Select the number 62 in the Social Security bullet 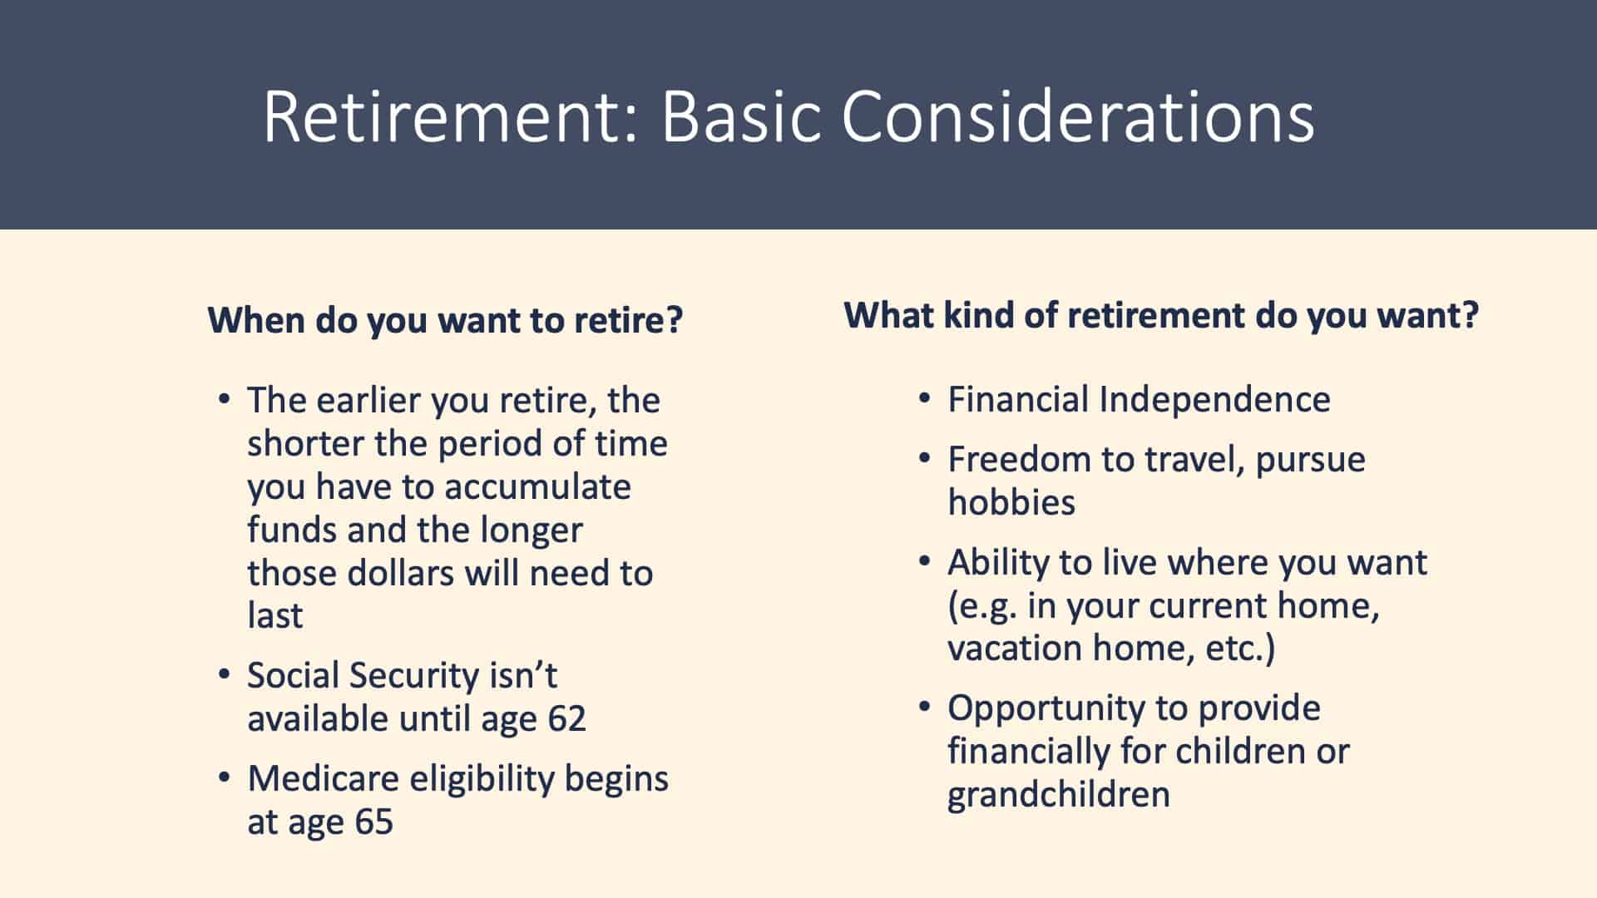point(566,718)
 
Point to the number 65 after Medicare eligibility point(373,822)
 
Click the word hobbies point(1011,502)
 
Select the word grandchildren point(1059,794)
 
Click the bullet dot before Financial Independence point(925,398)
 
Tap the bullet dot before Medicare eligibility point(224,777)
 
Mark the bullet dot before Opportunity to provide point(925,707)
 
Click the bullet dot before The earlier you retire point(224,399)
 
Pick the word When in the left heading point(255,320)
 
